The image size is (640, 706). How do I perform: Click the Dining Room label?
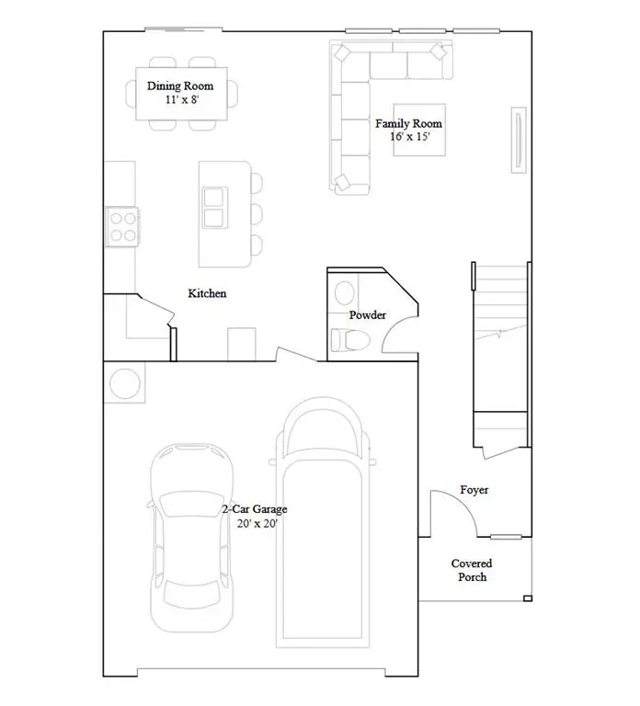coord(180,86)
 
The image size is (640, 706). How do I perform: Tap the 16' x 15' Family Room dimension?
coord(408,137)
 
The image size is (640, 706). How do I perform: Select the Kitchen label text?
coord(207,293)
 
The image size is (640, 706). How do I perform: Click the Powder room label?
coord(367,315)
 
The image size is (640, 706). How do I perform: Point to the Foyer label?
coord(474,491)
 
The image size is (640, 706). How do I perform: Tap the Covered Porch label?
coord(471,570)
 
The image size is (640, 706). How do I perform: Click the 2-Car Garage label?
coord(255,509)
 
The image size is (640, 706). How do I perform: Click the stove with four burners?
coord(122,226)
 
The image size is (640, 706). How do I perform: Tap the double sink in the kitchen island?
coord(214,207)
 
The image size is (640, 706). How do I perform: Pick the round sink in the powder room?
coord(344,293)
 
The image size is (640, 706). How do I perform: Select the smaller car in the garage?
coord(190,539)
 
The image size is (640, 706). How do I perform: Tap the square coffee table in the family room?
coord(419,130)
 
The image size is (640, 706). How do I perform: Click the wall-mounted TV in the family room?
coord(520,139)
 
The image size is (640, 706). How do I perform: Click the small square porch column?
coord(527,599)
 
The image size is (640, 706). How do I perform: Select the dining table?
coord(181,93)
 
